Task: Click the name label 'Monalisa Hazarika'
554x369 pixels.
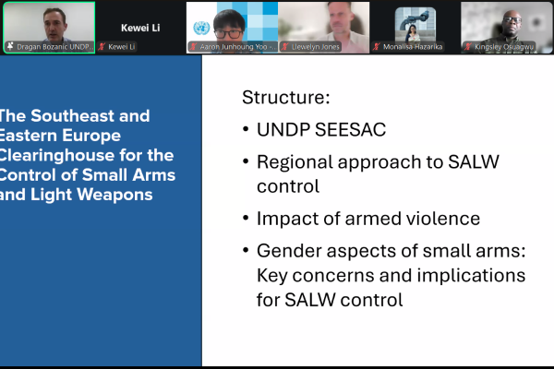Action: (415, 46)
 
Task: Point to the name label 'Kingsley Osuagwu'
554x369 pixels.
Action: (505, 46)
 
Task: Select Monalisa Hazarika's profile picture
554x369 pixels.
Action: (413, 22)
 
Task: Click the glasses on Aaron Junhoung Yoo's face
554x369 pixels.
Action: (230, 21)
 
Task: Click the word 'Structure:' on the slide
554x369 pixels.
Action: (285, 98)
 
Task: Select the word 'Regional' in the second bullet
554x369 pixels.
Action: (293, 162)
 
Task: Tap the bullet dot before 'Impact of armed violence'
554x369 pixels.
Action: (246, 220)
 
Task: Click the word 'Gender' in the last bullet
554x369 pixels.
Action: (287, 252)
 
